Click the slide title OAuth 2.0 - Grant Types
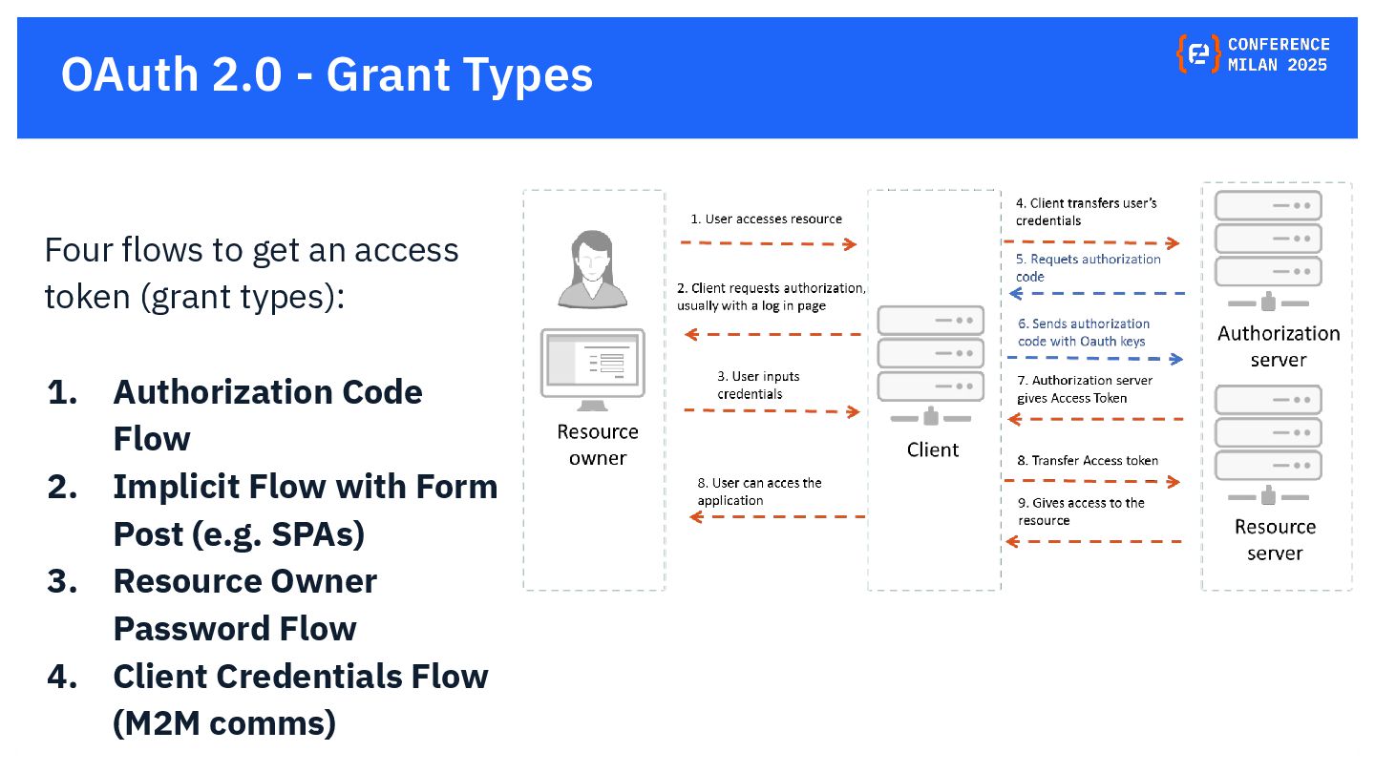click(327, 75)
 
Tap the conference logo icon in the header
click(1197, 54)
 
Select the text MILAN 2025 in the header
click(1278, 66)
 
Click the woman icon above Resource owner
click(592, 270)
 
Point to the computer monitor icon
click(592, 367)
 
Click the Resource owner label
click(598, 445)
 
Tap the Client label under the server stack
click(932, 449)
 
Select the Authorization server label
click(1278, 346)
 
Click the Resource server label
click(1275, 540)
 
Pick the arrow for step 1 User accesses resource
click(769, 243)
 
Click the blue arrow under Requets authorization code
click(1094, 294)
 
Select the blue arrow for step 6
click(1094, 359)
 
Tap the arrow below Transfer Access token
click(1091, 481)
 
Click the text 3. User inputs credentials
click(758, 386)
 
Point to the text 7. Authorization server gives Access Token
click(1084, 389)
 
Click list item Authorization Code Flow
click(267, 415)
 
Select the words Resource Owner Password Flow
click(244, 605)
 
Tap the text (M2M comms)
click(224, 723)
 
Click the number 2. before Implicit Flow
click(62, 487)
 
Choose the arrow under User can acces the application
click(777, 516)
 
